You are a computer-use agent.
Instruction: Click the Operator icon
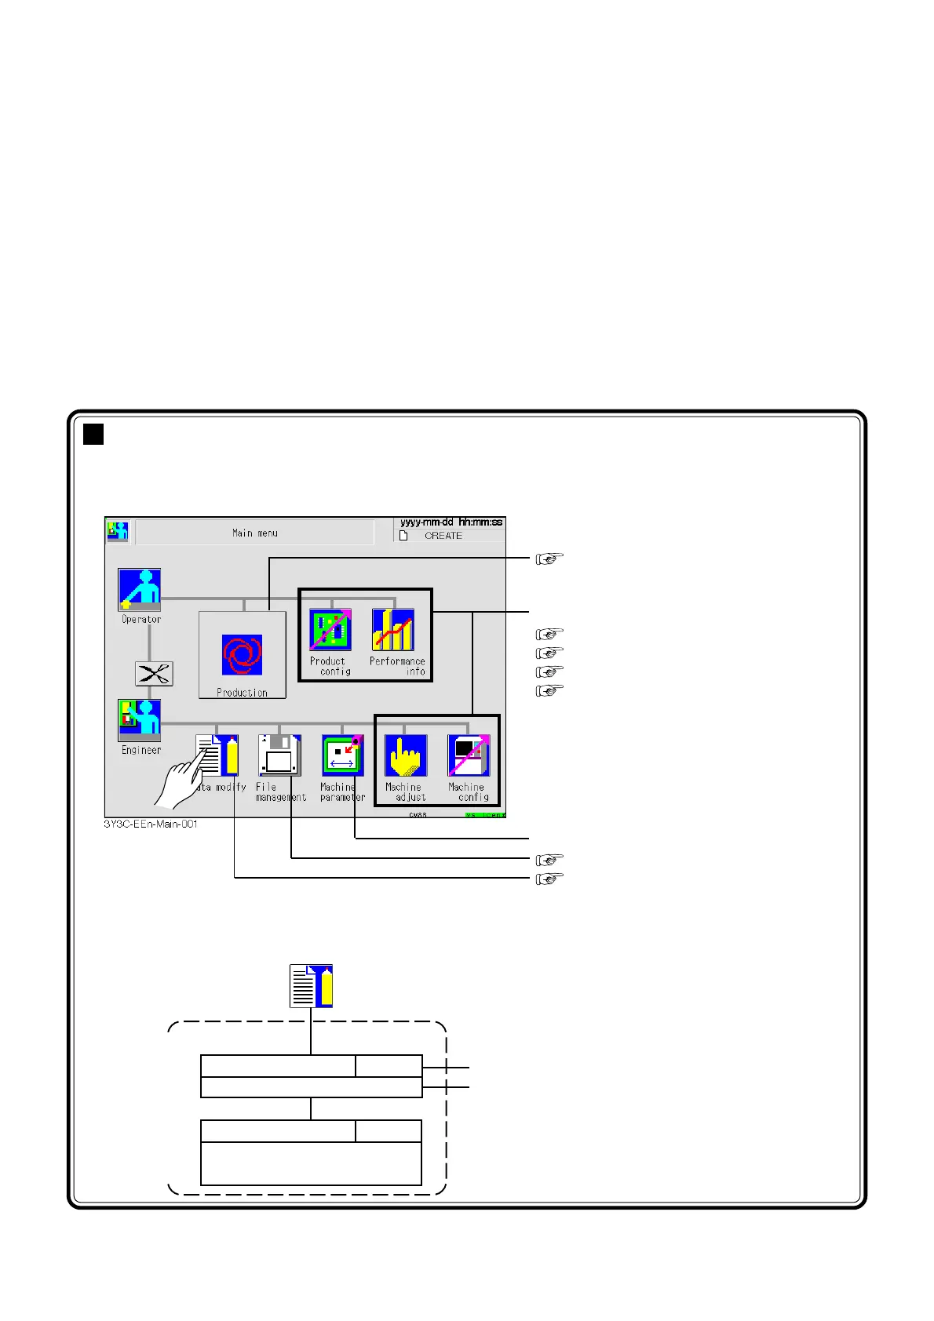point(140,589)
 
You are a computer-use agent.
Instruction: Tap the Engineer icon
point(140,720)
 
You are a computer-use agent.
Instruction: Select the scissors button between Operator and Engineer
point(154,674)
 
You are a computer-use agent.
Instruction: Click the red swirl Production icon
point(242,655)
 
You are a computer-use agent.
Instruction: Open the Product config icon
point(330,630)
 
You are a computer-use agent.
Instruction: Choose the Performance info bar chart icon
point(392,630)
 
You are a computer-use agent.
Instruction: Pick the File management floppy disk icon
point(279,755)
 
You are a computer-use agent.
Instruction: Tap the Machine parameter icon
point(343,755)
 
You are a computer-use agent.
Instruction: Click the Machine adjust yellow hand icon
point(406,755)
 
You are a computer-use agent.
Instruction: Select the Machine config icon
point(469,755)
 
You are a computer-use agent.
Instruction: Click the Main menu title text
point(255,533)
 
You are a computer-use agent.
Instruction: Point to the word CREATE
point(443,536)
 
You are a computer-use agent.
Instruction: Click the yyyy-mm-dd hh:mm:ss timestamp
point(451,522)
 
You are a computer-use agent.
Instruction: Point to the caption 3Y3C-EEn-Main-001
point(151,824)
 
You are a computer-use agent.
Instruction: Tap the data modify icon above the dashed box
point(312,985)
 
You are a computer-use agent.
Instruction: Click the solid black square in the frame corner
point(93,434)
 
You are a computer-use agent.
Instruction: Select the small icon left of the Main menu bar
point(118,531)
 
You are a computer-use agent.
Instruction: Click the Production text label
point(242,693)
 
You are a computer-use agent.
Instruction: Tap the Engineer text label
point(141,750)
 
